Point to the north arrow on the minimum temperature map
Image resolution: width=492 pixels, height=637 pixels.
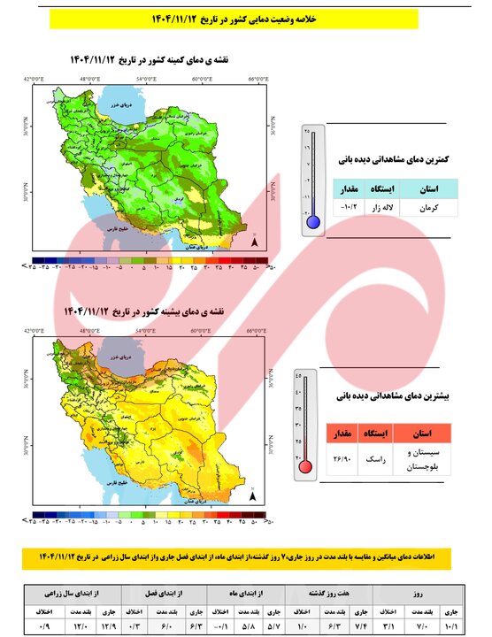click(x=255, y=241)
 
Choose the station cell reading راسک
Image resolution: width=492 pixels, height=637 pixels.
click(x=372, y=459)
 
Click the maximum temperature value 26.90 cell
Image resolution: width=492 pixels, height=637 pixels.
click(x=340, y=459)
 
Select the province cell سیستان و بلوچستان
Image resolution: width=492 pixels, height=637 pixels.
click(x=420, y=459)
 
